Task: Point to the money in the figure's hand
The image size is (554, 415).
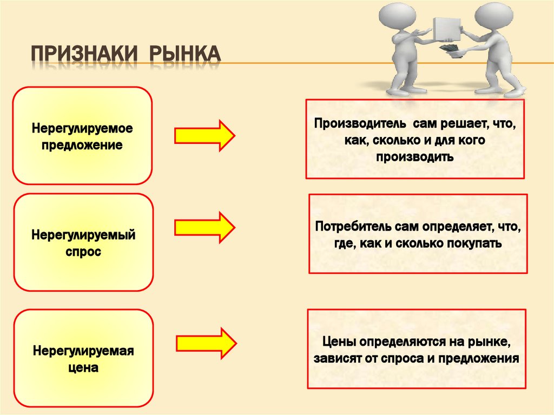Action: tap(450, 50)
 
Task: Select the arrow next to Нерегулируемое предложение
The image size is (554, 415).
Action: tap(204, 135)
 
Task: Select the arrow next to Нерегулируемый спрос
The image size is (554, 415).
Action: tap(204, 227)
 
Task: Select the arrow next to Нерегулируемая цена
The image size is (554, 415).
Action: tap(206, 342)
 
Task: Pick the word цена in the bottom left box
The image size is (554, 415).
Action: tap(83, 368)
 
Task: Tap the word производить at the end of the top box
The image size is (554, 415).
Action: tap(414, 157)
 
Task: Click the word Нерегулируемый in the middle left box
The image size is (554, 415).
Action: tap(83, 236)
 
